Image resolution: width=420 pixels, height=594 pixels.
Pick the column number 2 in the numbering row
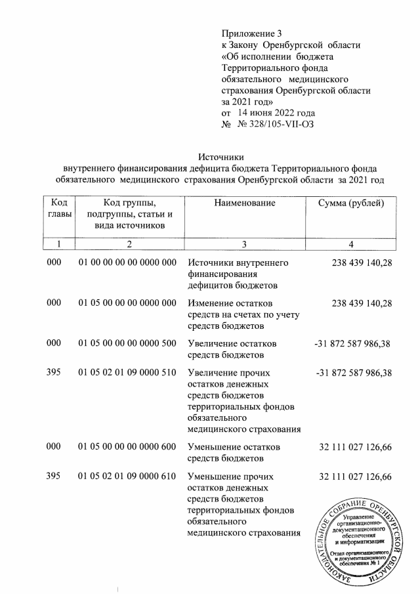click(x=129, y=245)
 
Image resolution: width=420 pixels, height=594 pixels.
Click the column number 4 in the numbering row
click(x=351, y=245)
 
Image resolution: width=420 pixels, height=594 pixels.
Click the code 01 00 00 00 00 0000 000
click(x=128, y=263)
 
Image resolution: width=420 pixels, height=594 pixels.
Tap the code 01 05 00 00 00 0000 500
click(x=128, y=343)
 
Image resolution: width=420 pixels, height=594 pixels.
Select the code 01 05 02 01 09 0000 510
click(x=128, y=373)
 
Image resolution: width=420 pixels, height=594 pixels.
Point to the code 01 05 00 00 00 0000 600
click(x=128, y=447)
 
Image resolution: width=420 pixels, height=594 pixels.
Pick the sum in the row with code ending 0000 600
click(x=355, y=447)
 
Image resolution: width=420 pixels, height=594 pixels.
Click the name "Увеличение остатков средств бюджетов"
click(x=232, y=349)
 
